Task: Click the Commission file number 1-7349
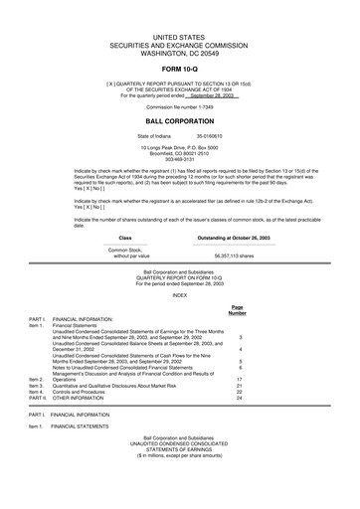pyautogui.click(x=180, y=104)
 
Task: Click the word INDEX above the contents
pyautogui.click(x=180, y=295)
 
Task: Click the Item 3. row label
pyautogui.click(x=38, y=386)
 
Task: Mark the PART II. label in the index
pyautogui.click(x=39, y=398)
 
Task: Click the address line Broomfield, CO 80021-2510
pyautogui.click(x=180, y=153)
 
